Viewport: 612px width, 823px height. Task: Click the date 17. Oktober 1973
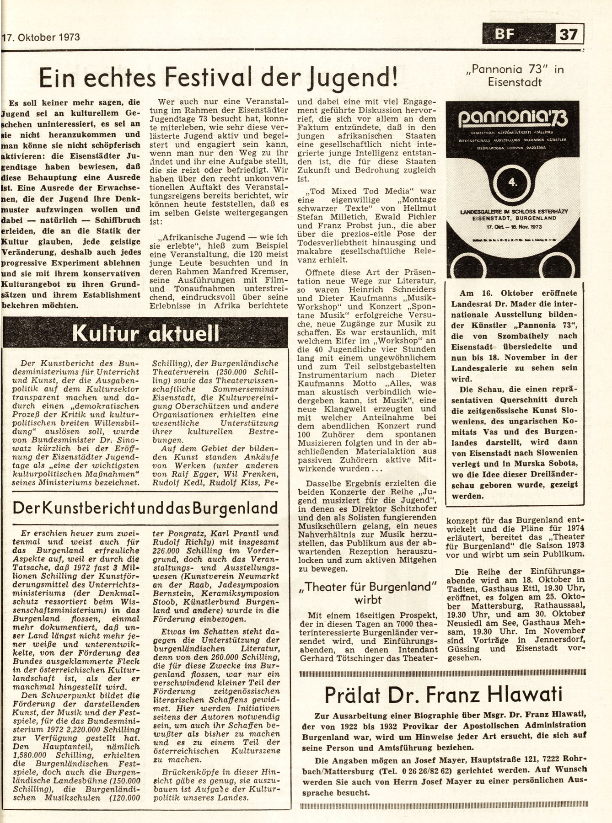41,36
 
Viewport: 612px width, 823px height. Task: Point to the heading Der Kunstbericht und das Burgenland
145,508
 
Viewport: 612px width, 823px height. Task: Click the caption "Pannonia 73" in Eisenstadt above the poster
515,76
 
